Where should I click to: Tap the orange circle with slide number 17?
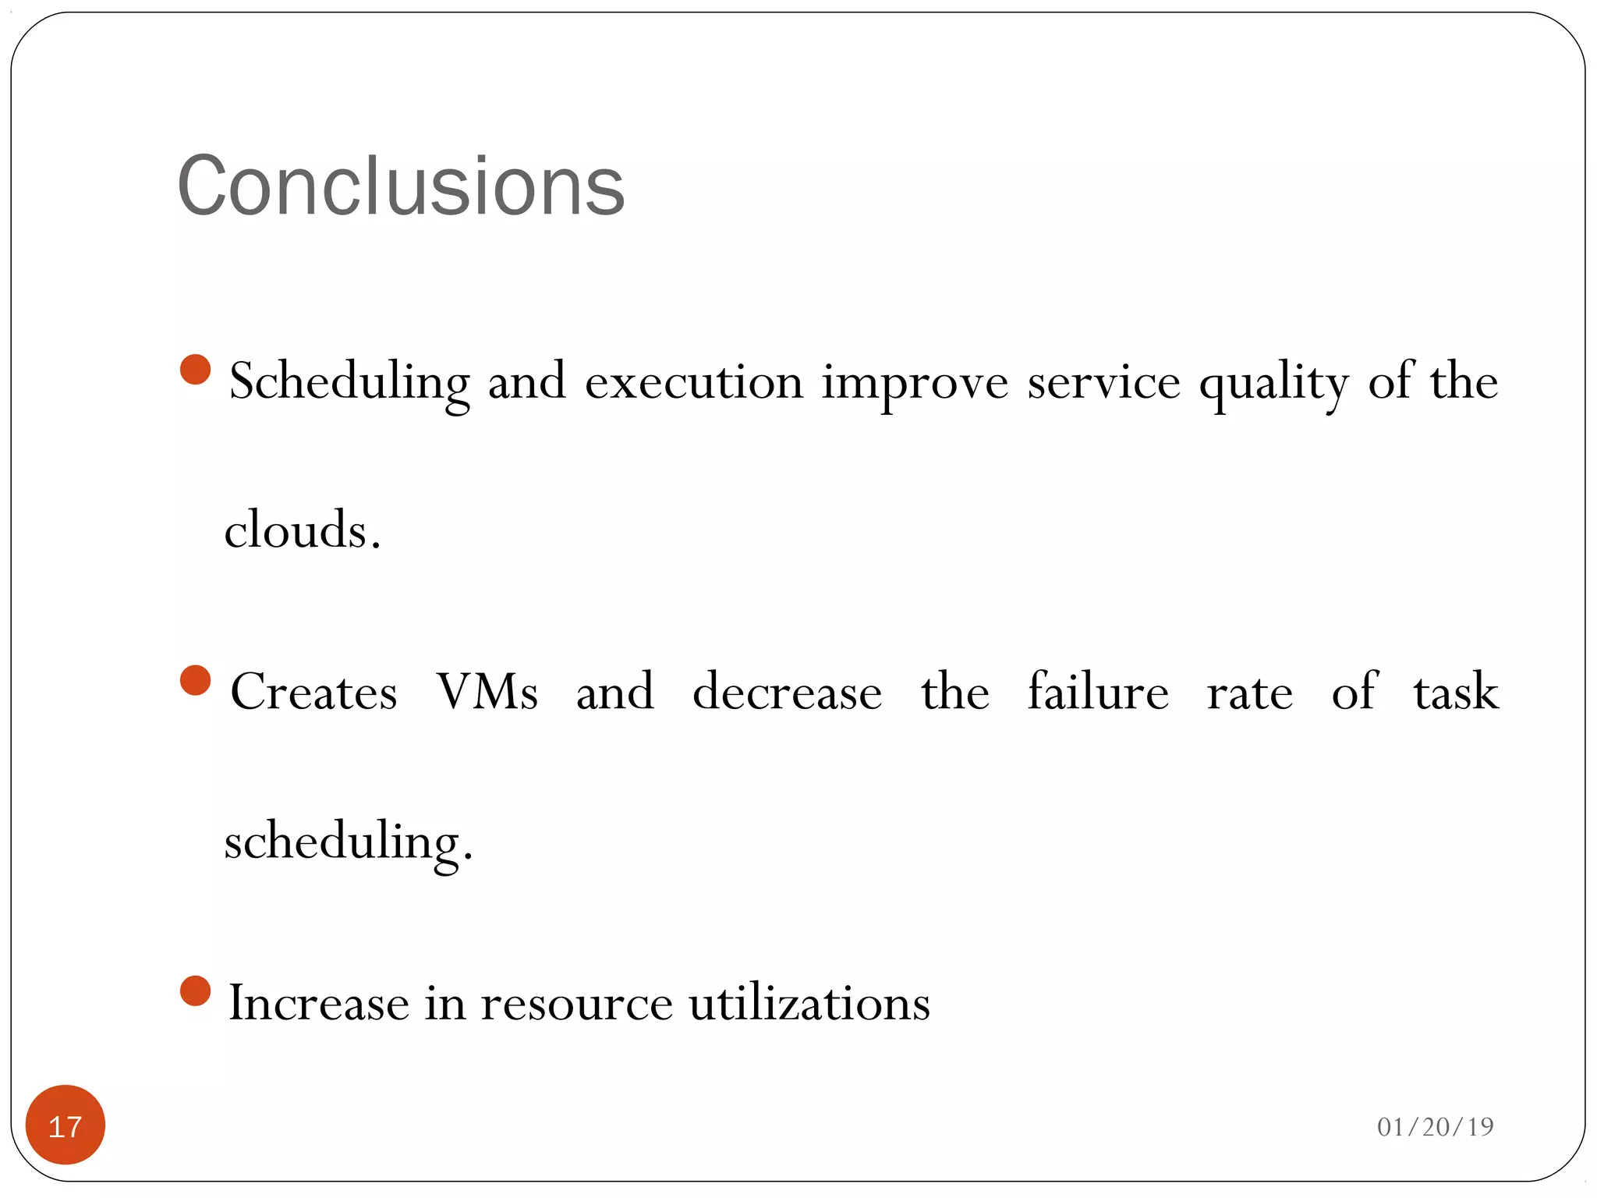(x=66, y=1125)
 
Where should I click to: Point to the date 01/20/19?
(x=1435, y=1126)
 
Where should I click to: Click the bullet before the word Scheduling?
(x=195, y=370)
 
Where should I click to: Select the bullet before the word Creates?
(x=195, y=680)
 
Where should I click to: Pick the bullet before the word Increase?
(x=195, y=991)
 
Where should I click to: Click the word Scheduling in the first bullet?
(x=349, y=382)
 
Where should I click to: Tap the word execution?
(x=694, y=382)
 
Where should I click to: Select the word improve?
(x=915, y=382)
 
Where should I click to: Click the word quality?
(x=1273, y=382)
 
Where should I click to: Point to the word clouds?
(x=302, y=530)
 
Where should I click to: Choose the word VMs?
(x=487, y=691)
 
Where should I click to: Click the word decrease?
(x=787, y=691)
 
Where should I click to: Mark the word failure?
(x=1097, y=691)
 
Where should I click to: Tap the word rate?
(x=1249, y=693)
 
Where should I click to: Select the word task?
(x=1455, y=691)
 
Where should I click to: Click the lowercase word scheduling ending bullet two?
(x=348, y=842)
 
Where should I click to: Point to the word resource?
(x=576, y=1003)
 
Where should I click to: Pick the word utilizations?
(x=809, y=1003)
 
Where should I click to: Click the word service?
(x=1103, y=382)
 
